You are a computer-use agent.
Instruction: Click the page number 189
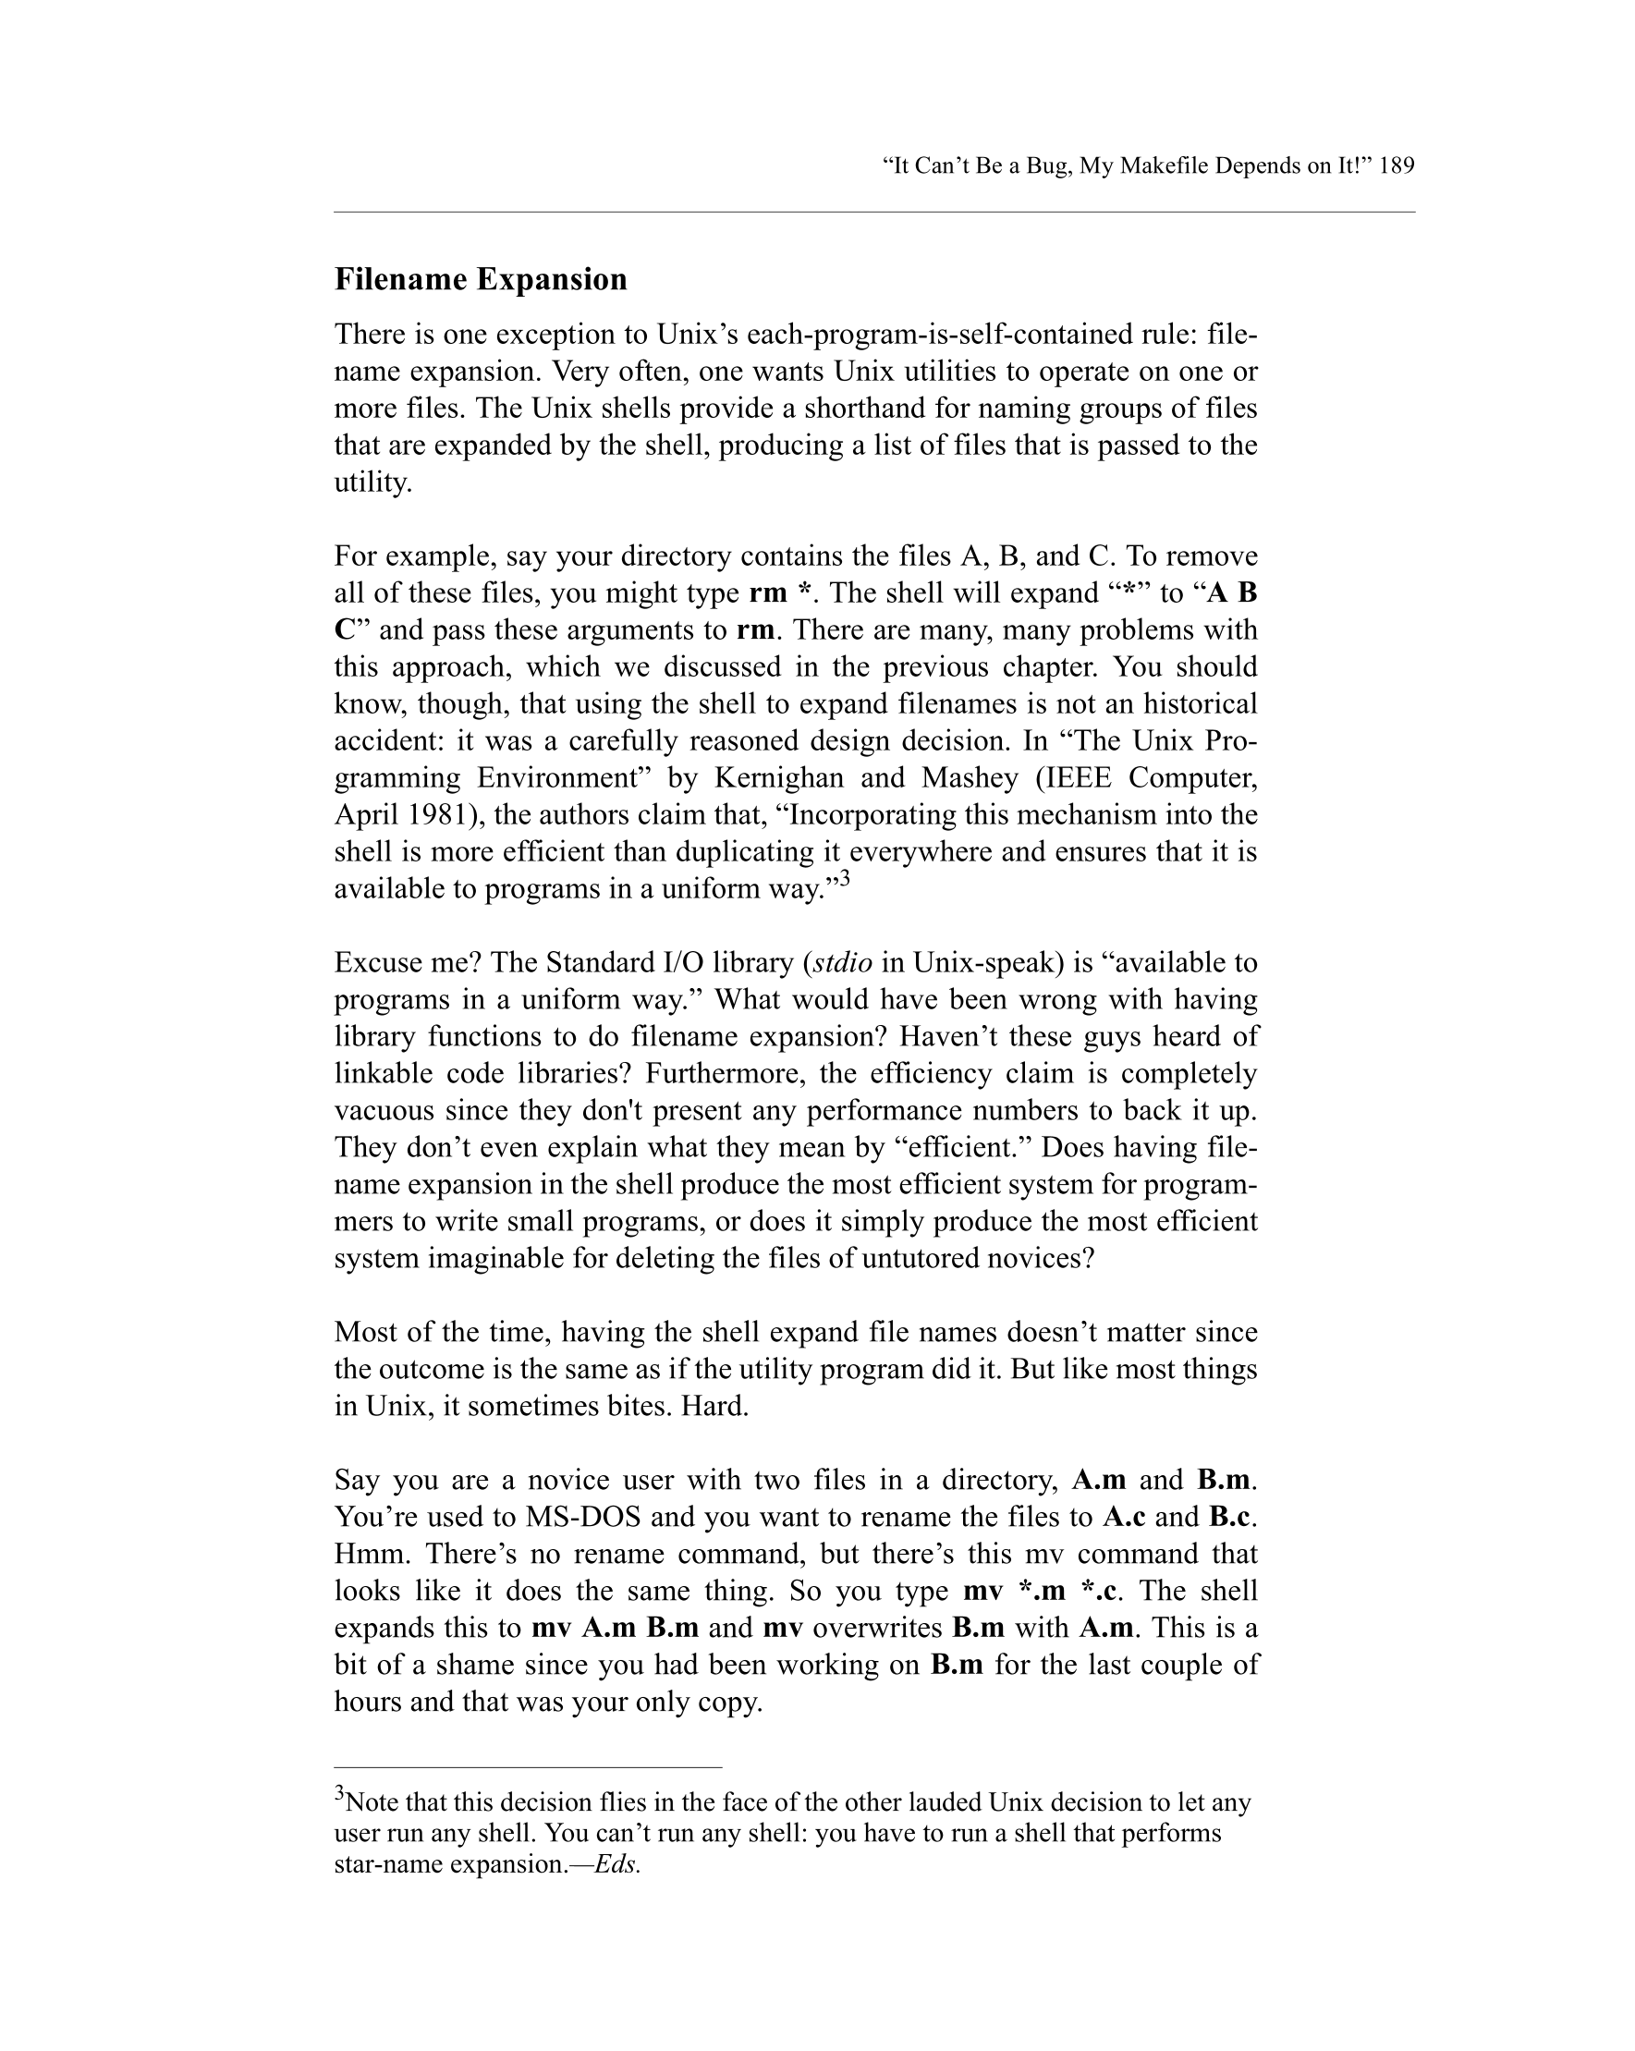pyautogui.click(x=1396, y=166)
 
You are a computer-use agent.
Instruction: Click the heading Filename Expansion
pyautogui.click(x=481, y=280)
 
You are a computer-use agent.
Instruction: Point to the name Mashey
pyautogui.click(x=970, y=778)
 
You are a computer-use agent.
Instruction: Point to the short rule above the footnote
pyautogui.click(x=528, y=1766)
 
